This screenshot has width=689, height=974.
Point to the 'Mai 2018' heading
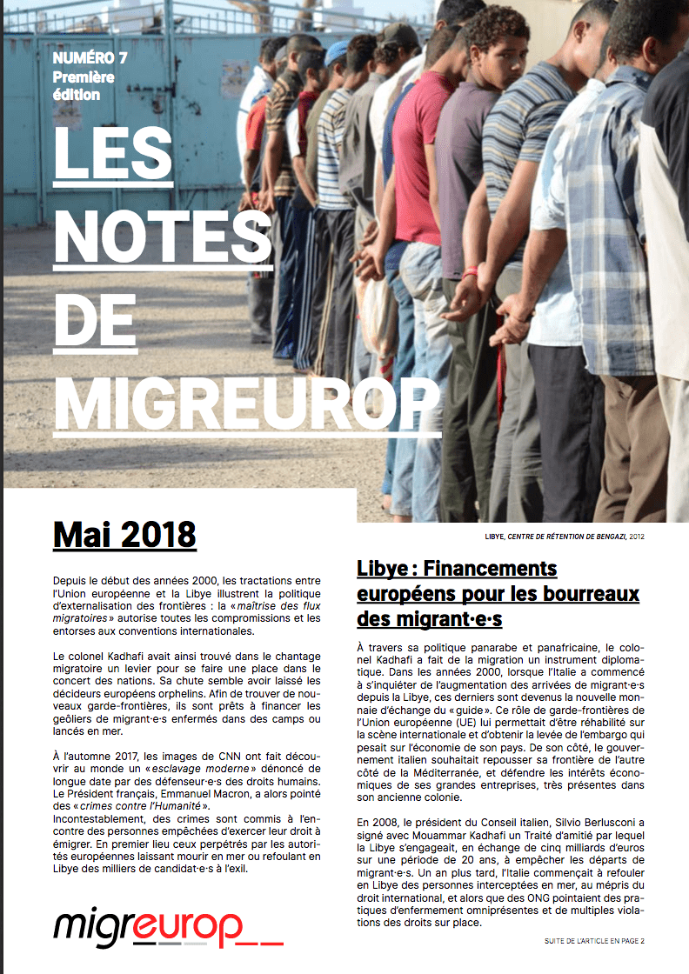coord(124,536)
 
